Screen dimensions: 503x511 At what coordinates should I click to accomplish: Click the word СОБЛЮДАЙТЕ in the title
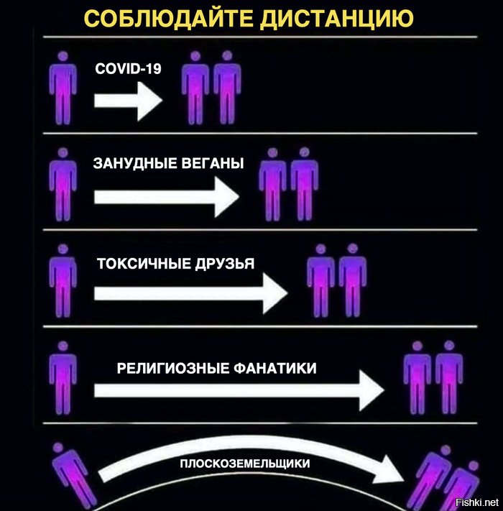168,18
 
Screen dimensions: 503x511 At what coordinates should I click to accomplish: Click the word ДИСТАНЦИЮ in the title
337,18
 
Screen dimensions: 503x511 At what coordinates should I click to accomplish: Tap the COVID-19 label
128,68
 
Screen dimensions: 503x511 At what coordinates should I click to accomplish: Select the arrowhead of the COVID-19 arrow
150,101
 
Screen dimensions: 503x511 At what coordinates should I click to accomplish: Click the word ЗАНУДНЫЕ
134,163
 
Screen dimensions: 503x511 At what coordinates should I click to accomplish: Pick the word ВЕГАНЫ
213,163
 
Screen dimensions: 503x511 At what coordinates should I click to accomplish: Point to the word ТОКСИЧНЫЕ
144,263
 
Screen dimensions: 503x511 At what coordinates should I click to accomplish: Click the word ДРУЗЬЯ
225,264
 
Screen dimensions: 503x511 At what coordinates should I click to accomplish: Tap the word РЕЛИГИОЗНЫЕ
173,368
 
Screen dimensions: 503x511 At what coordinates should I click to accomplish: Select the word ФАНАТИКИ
275,368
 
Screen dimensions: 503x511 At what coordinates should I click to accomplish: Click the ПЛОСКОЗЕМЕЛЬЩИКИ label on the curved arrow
244,464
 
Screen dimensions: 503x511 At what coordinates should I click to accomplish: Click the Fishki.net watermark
477,502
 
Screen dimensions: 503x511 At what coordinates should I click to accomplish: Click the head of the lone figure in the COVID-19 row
63,56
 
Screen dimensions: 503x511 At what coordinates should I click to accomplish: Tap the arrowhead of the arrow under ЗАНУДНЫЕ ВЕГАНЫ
227,197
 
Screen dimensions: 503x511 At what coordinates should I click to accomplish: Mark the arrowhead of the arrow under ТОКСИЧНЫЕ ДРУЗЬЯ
275,293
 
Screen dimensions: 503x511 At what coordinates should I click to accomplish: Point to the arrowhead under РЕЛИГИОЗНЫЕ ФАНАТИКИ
372,390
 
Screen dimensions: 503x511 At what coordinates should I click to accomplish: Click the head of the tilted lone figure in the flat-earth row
58,447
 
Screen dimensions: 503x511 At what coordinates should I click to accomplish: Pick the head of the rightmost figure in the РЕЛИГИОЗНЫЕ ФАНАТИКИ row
450,346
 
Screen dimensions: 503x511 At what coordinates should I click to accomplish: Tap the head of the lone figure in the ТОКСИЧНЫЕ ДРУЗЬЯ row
63,249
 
